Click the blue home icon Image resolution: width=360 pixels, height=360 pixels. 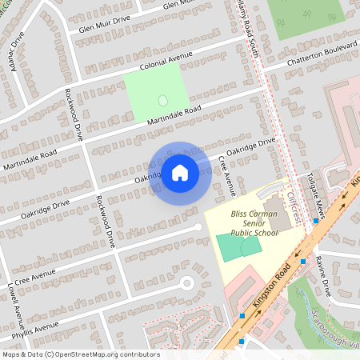(180, 172)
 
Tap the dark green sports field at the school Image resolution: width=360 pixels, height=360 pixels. (232, 246)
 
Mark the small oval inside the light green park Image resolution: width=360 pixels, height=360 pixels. (163, 101)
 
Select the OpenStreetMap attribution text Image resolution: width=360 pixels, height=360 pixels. (80, 354)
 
